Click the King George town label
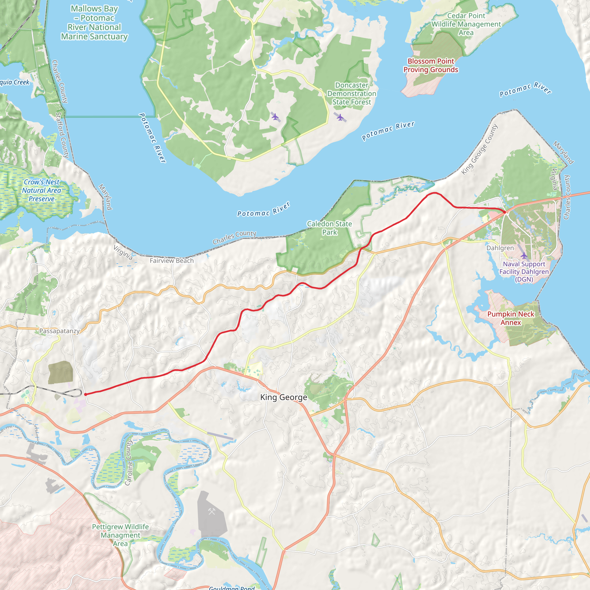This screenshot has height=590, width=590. pos(283,397)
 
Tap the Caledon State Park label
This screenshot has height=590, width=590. pos(329,228)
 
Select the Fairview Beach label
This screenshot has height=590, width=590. pos(172,260)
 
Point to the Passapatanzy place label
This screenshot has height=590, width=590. pos(60,331)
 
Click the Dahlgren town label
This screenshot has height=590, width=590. pos(500,248)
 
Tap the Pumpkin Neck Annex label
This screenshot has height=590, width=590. pos(510,318)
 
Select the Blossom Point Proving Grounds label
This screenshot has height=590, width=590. pos(431,65)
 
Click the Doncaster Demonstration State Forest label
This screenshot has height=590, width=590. pos(351,93)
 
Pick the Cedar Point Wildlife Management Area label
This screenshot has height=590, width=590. pos(466,24)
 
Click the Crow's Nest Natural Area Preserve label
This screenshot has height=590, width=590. pos(41,190)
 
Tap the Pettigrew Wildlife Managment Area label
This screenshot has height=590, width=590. pos(120,535)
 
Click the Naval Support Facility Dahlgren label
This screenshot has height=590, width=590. pos(524,271)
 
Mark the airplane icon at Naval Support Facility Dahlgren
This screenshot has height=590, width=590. pos(524,255)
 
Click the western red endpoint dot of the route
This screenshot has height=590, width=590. pos(86,395)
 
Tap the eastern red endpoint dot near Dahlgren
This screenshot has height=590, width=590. pos(504,212)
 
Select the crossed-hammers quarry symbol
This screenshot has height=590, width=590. pos(212,511)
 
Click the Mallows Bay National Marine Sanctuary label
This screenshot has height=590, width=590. pos(94,22)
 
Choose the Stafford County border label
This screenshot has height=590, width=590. pos(62,135)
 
